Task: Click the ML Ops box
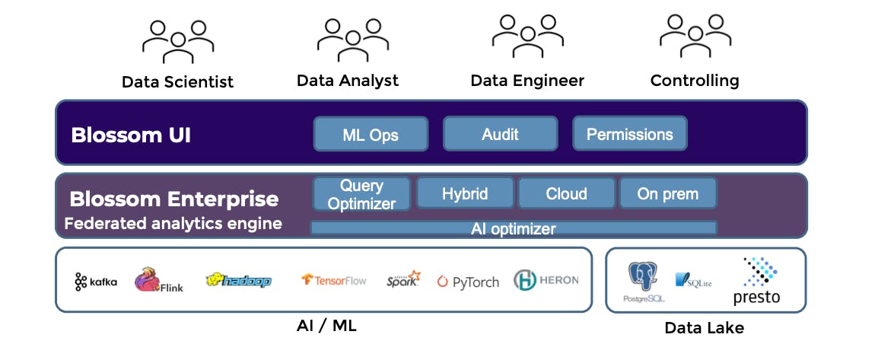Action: point(370,135)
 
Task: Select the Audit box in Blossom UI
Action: point(500,134)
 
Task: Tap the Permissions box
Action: point(629,134)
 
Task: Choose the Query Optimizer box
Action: point(361,194)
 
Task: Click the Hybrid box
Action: point(465,193)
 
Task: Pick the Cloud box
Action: point(566,193)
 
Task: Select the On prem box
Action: point(667,193)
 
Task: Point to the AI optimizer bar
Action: point(514,228)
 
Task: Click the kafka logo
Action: point(96,282)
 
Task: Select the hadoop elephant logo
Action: point(238,281)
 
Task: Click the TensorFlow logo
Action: point(334,281)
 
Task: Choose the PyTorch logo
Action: point(468,282)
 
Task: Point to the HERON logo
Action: point(546,280)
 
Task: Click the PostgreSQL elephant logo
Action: point(643,279)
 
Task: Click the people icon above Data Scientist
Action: point(177,41)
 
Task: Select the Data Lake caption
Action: point(704,328)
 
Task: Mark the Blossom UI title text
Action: point(131,135)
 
